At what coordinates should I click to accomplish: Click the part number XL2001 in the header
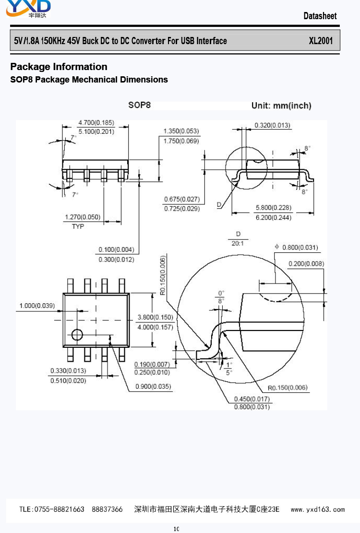(321, 41)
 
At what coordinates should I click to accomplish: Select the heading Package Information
(59, 67)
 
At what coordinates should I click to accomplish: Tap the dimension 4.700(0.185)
(96, 122)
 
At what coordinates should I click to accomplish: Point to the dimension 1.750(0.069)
(181, 141)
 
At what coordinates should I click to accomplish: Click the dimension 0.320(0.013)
(272, 125)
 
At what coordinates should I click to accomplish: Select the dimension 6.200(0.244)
(273, 217)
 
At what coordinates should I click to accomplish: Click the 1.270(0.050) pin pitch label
(83, 217)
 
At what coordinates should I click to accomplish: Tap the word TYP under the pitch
(78, 226)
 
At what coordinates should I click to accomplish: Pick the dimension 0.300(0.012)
(116, 259)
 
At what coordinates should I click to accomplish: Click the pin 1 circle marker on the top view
(77, 334)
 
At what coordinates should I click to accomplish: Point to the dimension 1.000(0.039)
(37, 306)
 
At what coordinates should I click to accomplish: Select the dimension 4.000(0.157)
(155, 327)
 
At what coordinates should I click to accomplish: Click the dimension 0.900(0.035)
(153, 387)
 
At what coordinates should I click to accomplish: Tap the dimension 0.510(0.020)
(68, 381)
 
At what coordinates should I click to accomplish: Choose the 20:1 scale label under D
(237, 243)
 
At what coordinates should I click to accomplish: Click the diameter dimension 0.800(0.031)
(300, 248)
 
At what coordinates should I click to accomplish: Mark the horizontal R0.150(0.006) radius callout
(288, 388)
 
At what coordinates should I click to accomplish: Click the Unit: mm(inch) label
(281, 106)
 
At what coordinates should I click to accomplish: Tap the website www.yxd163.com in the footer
(318, 509)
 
